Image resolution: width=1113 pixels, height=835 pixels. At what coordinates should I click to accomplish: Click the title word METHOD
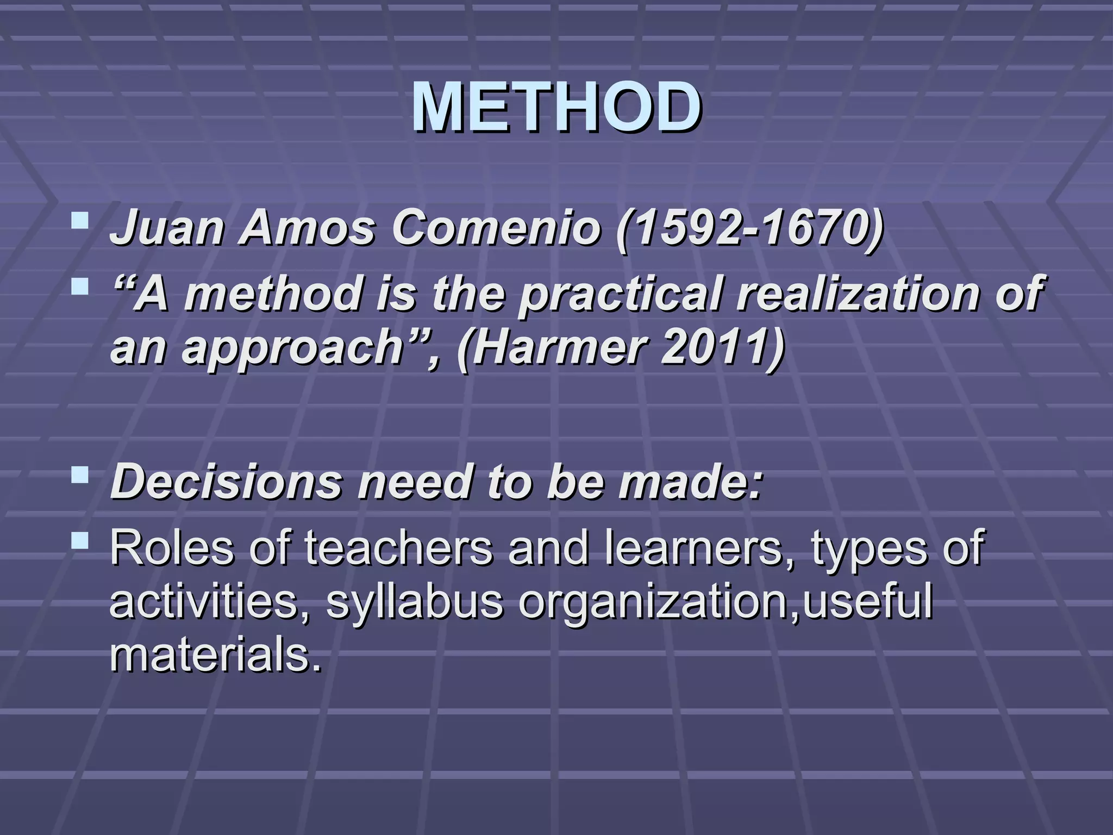point(555,108)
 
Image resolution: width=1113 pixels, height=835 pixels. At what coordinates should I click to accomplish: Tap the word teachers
point(399,548)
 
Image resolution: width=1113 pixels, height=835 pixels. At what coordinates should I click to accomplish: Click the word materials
point(215,656)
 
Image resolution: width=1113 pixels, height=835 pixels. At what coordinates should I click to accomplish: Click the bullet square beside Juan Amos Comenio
point(80,221)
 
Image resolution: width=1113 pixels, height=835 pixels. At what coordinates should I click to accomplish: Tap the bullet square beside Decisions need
point(80,476)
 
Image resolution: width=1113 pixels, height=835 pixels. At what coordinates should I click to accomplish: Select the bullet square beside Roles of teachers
point(80,540)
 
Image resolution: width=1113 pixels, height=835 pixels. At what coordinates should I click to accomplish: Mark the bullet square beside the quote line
point(80,285)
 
